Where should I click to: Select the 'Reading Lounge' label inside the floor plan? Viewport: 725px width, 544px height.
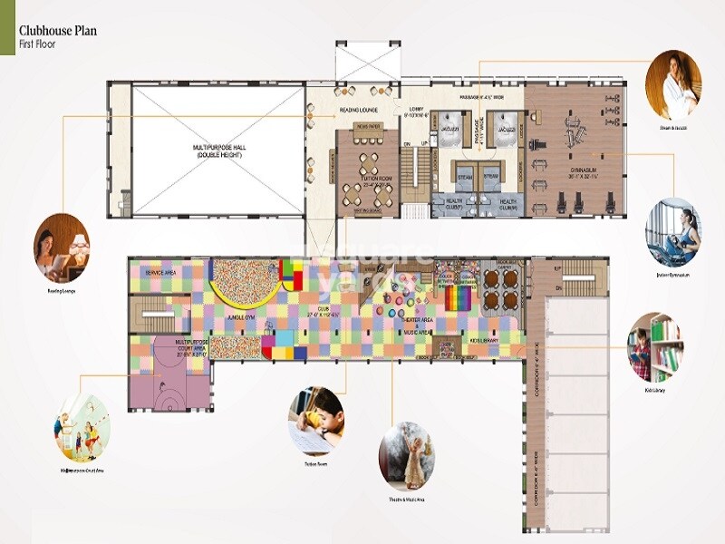coord(360,110)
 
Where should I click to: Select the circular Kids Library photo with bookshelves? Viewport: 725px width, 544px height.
coord(655,347)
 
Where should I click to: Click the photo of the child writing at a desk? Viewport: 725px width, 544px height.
coord(316,420)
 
